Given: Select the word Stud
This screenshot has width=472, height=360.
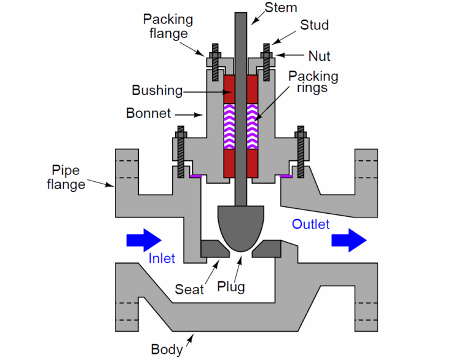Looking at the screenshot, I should point(314,25).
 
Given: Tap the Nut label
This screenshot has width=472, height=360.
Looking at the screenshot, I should point(319,56).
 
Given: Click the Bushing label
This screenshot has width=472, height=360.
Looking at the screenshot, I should point(157,90).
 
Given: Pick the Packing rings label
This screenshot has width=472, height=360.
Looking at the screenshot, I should point(313,82).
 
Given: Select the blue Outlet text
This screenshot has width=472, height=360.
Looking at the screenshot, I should point(310,224).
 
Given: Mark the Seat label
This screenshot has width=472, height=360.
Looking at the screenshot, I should point(189,289).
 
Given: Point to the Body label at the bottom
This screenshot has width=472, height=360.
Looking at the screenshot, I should point(167,350).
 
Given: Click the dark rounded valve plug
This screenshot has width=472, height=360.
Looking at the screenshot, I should point(240,227).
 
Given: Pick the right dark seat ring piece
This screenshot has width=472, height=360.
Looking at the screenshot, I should point(269,248).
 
